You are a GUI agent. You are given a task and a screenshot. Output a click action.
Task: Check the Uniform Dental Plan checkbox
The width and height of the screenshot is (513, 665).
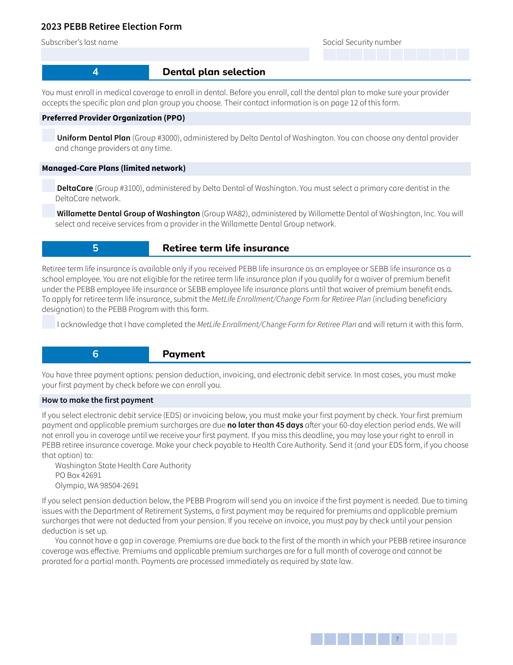(49, 136)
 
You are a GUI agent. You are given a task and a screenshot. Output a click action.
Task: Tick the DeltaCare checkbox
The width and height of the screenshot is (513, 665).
(49, 186)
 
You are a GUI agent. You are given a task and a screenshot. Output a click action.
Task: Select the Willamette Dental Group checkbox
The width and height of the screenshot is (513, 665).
(49, 211)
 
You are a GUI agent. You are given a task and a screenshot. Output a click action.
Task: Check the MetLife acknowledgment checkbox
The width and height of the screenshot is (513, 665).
(49, 322)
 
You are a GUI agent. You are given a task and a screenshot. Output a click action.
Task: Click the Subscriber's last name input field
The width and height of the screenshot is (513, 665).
(175, 55)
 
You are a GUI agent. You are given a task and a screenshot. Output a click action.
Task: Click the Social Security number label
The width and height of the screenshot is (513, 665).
(362, 42)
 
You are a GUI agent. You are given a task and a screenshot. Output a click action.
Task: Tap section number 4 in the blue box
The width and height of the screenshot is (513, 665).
(96, 72)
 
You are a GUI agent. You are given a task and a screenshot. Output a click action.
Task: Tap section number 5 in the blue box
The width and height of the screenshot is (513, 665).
(96, 248)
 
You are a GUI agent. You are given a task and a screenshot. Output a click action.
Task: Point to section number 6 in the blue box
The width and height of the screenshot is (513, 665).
(96, 354)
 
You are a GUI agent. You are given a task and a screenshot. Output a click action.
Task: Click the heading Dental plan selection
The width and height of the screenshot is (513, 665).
(214, 72)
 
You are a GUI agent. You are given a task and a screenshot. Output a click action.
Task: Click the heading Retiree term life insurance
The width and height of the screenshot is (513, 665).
(226, 248)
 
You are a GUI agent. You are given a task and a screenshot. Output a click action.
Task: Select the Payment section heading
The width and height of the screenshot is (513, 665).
(184, 354)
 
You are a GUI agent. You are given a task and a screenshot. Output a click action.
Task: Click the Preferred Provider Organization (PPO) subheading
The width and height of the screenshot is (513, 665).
(113, 118)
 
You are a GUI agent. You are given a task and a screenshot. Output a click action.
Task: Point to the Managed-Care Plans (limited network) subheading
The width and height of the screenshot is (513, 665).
(114, 168)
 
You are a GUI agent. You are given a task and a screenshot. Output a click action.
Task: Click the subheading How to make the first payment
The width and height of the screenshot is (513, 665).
(98, 400)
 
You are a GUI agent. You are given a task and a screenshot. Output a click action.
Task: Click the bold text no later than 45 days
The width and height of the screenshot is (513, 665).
(265, 425)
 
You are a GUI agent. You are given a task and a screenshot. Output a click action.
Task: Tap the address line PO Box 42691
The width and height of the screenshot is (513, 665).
(78, 475)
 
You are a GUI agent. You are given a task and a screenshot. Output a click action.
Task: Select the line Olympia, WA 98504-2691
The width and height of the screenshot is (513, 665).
(97, 486)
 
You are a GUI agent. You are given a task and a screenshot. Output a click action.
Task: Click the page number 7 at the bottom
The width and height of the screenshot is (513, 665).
(397, 640)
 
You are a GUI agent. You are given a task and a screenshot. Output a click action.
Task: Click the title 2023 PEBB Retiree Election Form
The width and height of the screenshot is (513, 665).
(111, 26)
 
